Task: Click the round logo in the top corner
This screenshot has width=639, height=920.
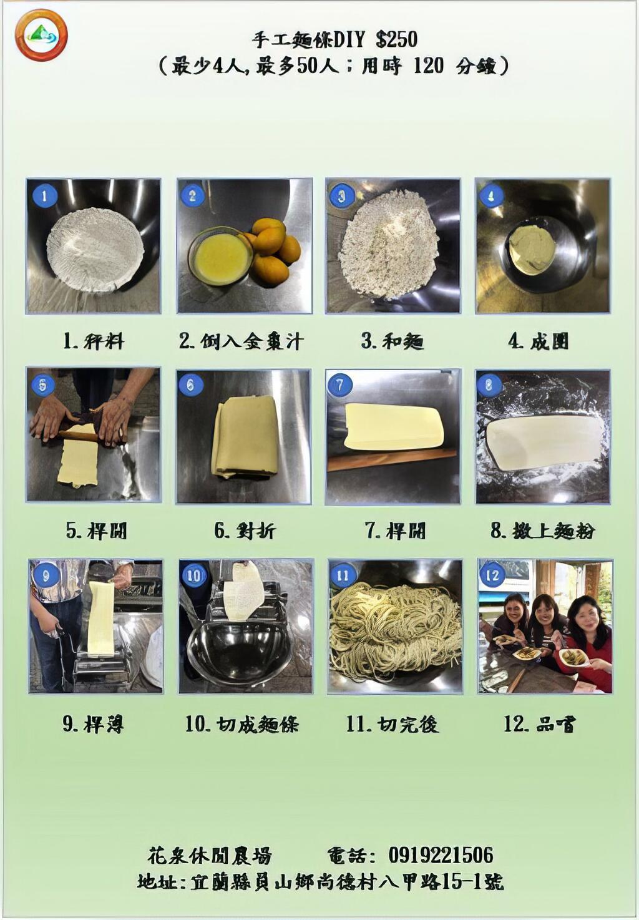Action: [41, 35]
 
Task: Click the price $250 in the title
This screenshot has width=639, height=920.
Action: [397, 39]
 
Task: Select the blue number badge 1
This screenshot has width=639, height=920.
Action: [44, 196]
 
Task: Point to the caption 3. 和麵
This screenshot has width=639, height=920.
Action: [392, 341]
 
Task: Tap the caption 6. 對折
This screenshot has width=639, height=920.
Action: [244, 531]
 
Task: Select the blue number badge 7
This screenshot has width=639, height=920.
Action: [340, 384]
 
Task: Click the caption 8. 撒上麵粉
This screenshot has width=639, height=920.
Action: [542, 531]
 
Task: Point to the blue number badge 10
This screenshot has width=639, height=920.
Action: [194, 575]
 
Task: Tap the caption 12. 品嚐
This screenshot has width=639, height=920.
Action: [539, 724]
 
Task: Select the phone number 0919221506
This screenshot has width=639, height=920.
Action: [441, 854]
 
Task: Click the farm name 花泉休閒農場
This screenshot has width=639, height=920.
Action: [210, 855]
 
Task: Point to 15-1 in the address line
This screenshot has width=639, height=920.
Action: [462, 881]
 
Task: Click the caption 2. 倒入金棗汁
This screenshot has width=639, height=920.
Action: [241, 341]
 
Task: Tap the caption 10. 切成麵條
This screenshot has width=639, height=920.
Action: [241, 724]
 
